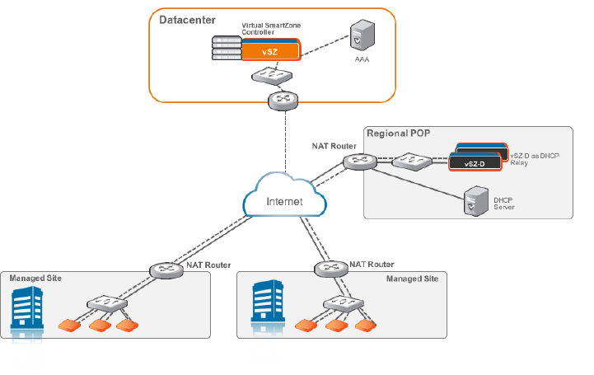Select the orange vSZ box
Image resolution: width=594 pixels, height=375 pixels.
point(269,52)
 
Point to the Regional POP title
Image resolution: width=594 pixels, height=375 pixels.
point(398,134)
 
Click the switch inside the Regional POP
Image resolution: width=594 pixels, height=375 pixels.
point(409,161)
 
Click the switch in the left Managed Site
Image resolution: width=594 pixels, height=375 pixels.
point(107,302)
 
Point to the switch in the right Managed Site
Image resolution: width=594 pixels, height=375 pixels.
point(339,302)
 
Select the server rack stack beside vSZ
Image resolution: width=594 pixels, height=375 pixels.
point(223,49)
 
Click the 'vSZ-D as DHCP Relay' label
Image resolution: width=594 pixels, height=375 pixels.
point(531,159)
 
